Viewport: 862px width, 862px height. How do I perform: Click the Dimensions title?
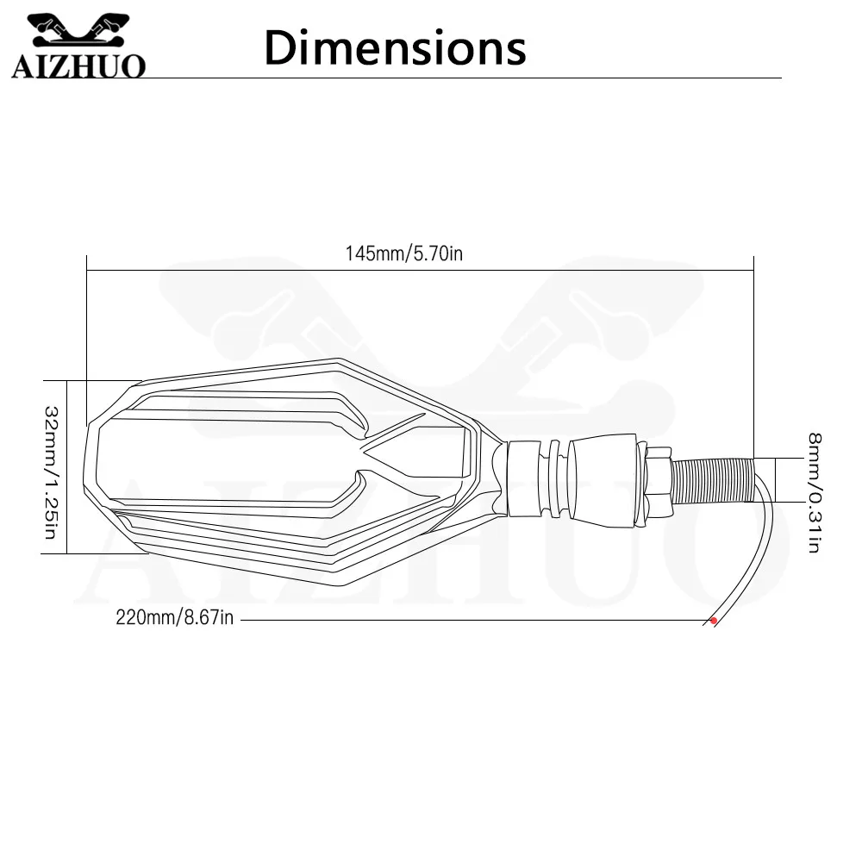point(395,47)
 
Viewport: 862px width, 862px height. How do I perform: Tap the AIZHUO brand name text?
point(78,66)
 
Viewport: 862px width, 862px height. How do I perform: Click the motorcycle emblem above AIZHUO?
point(78,31)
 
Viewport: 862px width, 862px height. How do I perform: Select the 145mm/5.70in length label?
point(404,253)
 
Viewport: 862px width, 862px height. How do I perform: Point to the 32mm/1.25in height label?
point(51,472)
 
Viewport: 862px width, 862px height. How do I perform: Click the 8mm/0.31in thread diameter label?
point(815,492)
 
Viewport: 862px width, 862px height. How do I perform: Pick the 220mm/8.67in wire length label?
point(175,617)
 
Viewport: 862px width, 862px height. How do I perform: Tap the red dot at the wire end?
point(714,621)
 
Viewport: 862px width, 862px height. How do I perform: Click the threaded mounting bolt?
point(713,480)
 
